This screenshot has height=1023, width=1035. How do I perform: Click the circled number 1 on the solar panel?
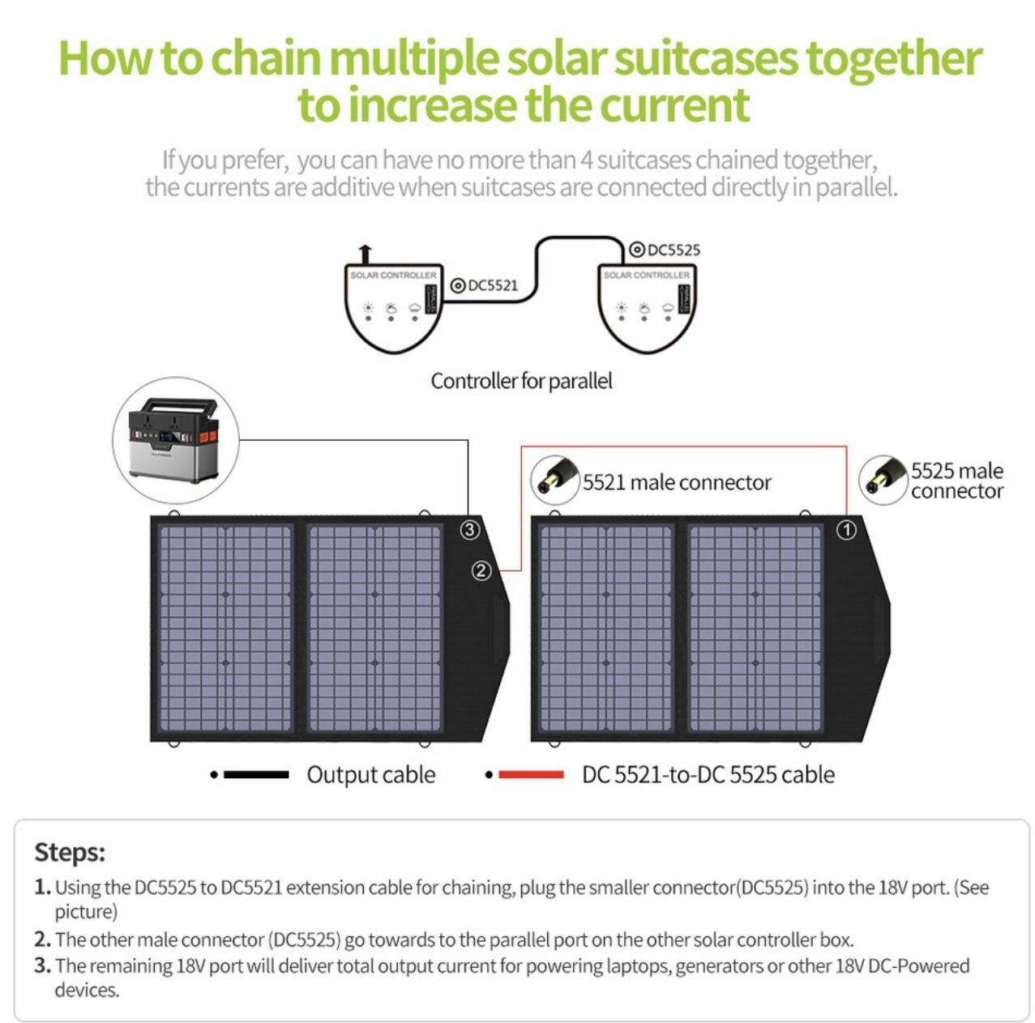point(845,530)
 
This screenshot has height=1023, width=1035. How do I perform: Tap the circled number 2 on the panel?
point(481,571)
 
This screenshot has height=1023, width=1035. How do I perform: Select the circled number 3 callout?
point(470,530)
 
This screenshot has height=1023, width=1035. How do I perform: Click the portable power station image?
point(175,441)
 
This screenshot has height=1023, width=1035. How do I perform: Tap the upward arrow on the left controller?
point(365,253)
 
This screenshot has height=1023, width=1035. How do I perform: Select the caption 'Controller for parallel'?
point(521,381)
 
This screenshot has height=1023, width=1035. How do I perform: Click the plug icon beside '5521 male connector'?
point(554,478)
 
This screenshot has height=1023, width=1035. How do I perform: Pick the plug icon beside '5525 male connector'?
point(883,478)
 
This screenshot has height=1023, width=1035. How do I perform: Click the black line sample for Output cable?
point(255,775)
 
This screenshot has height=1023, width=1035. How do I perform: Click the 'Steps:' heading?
point(70,852)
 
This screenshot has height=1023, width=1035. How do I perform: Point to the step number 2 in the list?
point(42,940)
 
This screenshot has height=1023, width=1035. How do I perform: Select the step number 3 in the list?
point(42,965)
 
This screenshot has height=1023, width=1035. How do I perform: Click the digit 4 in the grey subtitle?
point(587,160)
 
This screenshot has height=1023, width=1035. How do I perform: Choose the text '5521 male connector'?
point(677,482)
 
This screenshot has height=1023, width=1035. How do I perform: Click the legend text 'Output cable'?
point(370,775)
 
